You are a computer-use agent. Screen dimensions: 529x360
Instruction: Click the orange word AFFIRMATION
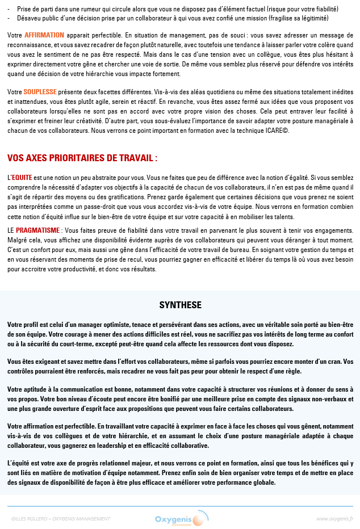tap(44, 35)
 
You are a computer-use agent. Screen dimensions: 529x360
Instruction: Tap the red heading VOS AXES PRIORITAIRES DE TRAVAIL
tap(82, 158)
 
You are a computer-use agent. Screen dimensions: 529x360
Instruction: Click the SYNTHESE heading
tap(180, 305)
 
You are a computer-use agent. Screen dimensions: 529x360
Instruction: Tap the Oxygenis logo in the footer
tap(178, 519)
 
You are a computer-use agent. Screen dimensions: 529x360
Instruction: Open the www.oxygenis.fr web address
tap(334, 519)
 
